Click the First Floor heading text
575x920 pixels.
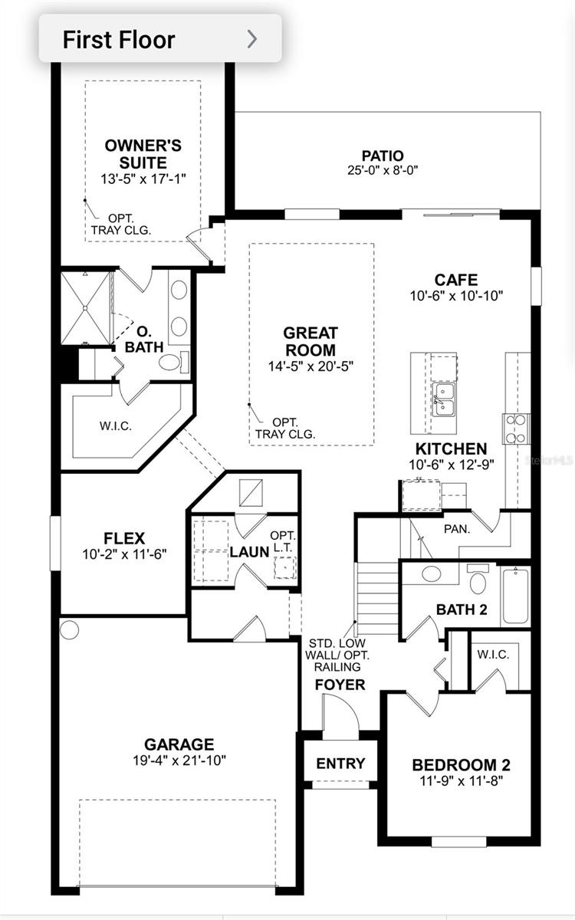(119, 40)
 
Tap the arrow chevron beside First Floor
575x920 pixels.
(252, 39)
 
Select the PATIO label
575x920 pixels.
(383, 156)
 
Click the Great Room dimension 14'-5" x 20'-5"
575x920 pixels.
(311, 366)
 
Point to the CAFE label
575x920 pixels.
(456, 280)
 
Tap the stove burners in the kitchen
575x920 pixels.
(516, 429)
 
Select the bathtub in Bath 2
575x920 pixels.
(515, 596)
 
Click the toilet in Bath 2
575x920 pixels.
(478, 579)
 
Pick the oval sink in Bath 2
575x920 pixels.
(431, 573)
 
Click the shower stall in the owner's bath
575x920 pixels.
(85, 307)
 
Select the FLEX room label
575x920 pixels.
(124, 538)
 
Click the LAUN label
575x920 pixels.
(249, 552)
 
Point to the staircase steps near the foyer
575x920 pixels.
(377, 599)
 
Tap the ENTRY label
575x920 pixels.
(340, 763)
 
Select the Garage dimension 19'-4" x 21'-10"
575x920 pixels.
(179, 761)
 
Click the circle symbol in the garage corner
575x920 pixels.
(69, 629)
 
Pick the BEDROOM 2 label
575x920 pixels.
(462, 765)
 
